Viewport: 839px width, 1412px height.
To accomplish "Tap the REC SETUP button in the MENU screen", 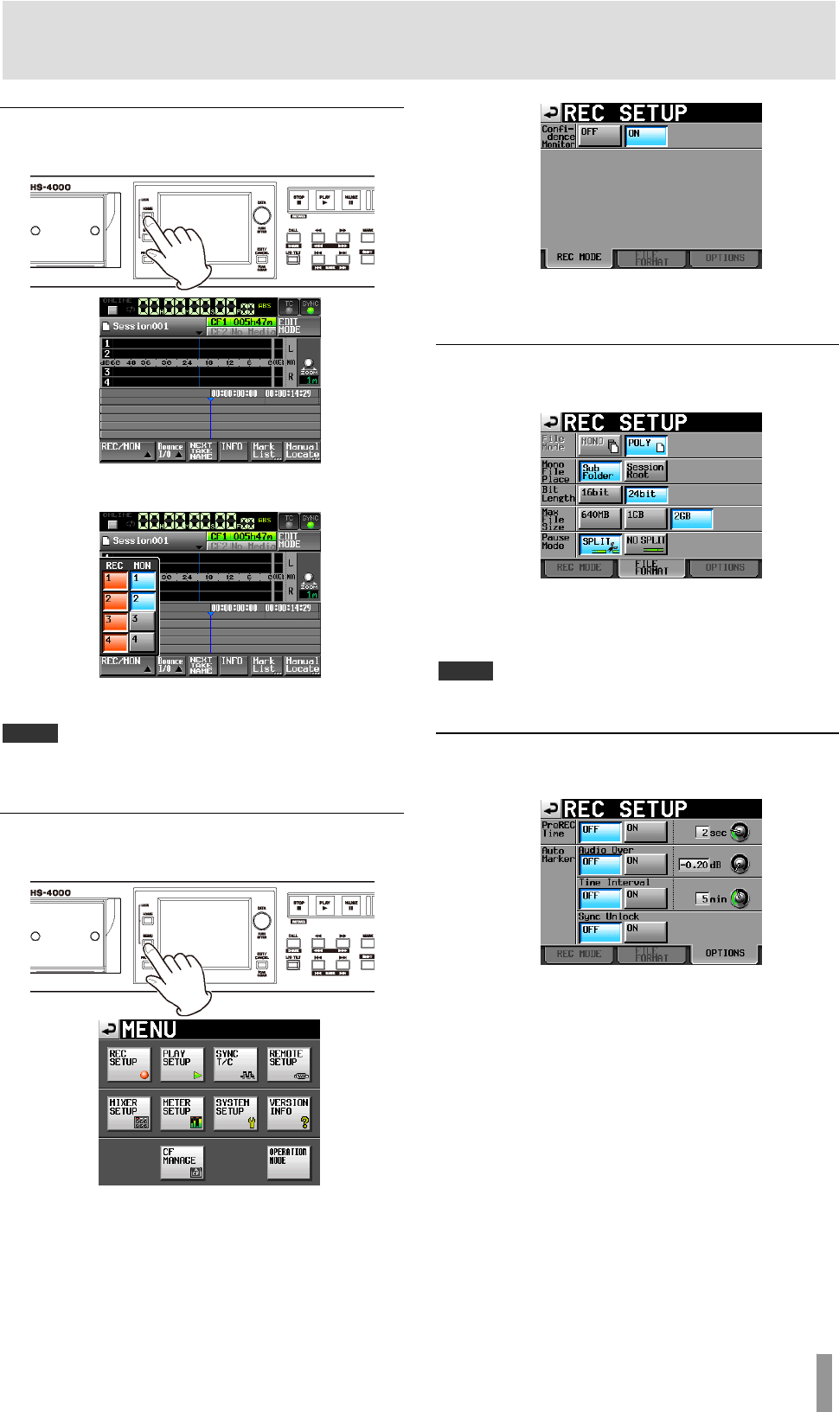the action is [129, 1064].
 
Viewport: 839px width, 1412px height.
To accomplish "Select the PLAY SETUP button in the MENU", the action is [183, 1064].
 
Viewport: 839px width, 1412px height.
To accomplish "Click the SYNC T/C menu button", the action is [235, 1064].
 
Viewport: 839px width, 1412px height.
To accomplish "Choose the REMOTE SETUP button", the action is [289, 1064].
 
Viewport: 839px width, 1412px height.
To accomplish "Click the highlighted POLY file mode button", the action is [646, 445].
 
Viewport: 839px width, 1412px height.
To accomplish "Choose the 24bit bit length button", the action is [646, 495].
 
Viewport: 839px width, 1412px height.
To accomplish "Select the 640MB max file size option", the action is [599, 518].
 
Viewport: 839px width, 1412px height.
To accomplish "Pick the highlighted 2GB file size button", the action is [692, 518].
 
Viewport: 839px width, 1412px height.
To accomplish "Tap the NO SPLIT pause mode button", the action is [646, 544].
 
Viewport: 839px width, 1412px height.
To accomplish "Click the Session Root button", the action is [646, 470].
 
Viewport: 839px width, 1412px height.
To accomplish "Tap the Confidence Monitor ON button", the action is [646, 136].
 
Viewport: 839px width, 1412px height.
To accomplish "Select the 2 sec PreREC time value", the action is [714, 832].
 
